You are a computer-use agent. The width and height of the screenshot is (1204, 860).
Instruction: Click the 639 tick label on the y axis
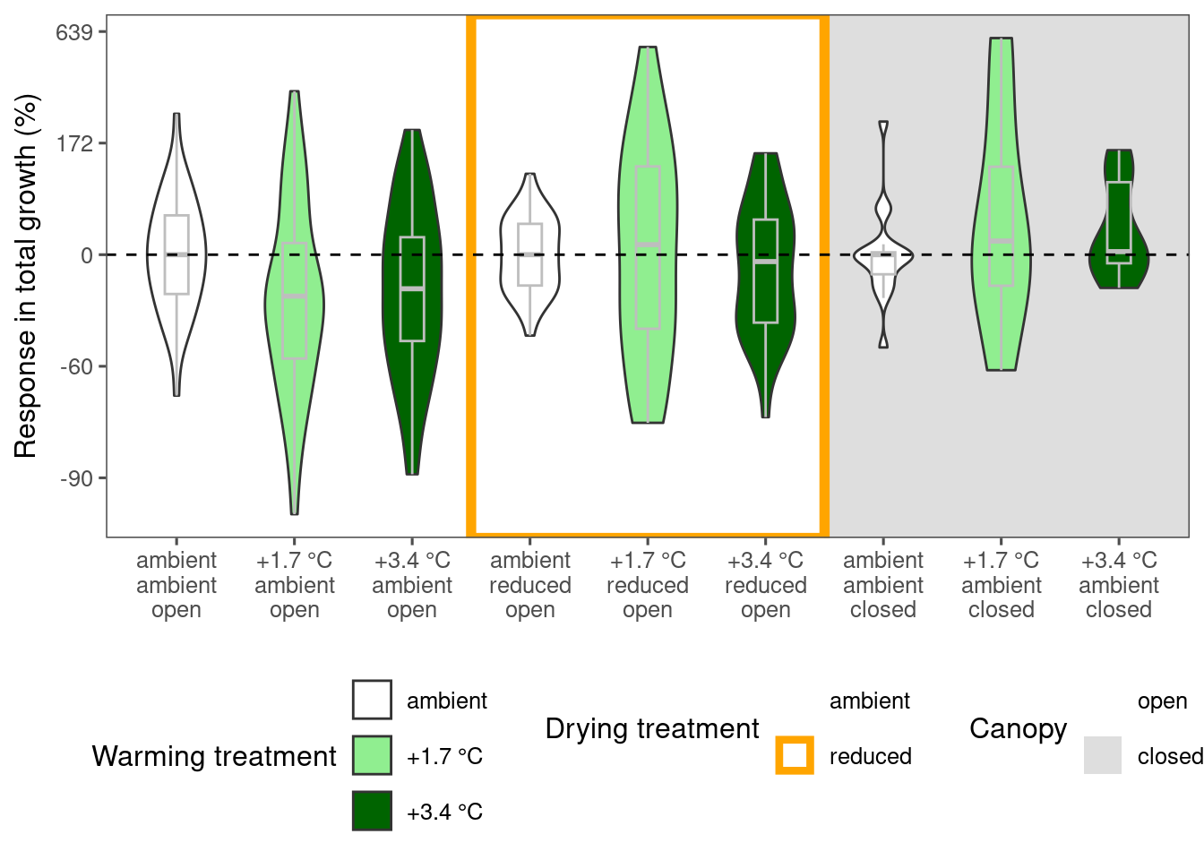[x=74, y=33]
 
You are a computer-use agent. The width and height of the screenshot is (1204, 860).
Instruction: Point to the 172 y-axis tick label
[x=74, y=143]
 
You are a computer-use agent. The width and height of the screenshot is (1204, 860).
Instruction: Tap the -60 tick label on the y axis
[x=76, y=367]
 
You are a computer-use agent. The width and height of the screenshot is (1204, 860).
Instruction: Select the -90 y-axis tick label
[x=76, y=478]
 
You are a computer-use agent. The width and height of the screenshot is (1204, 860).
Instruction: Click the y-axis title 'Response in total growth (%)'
[x=25, y=276]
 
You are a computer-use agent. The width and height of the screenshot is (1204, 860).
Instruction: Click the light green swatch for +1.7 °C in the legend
[x=372, y=755]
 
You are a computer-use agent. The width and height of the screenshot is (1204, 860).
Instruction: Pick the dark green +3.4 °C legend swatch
[x=372, y=811]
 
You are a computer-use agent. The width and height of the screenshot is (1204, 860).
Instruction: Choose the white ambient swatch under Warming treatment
[x=372, y=700]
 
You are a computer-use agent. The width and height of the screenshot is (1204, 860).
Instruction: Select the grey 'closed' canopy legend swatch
[x=1103, y=755]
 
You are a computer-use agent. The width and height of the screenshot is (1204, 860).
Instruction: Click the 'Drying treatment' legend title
[x=652, y=729]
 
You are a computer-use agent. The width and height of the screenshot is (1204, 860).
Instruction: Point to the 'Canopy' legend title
[x=1018, y=730]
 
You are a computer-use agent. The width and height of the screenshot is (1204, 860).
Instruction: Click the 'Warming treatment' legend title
[x=214, y=756]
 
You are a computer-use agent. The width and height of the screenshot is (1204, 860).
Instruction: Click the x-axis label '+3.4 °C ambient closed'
[x=1119, y=585]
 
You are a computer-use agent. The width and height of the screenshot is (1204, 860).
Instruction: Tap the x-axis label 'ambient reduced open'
[x=530, y=585]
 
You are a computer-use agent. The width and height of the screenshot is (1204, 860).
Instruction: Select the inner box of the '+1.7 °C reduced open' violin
[x=648, y=247]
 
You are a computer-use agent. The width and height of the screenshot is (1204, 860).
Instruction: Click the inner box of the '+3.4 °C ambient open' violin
[x=412, y=288]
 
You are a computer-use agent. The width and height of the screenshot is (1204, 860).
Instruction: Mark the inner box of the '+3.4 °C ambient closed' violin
[x=1119, y=222]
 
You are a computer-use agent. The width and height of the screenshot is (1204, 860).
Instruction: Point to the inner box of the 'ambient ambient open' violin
[x=176, y=254]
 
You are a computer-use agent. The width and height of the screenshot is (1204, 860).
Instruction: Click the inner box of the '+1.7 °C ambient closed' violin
[x=1001, y=226]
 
